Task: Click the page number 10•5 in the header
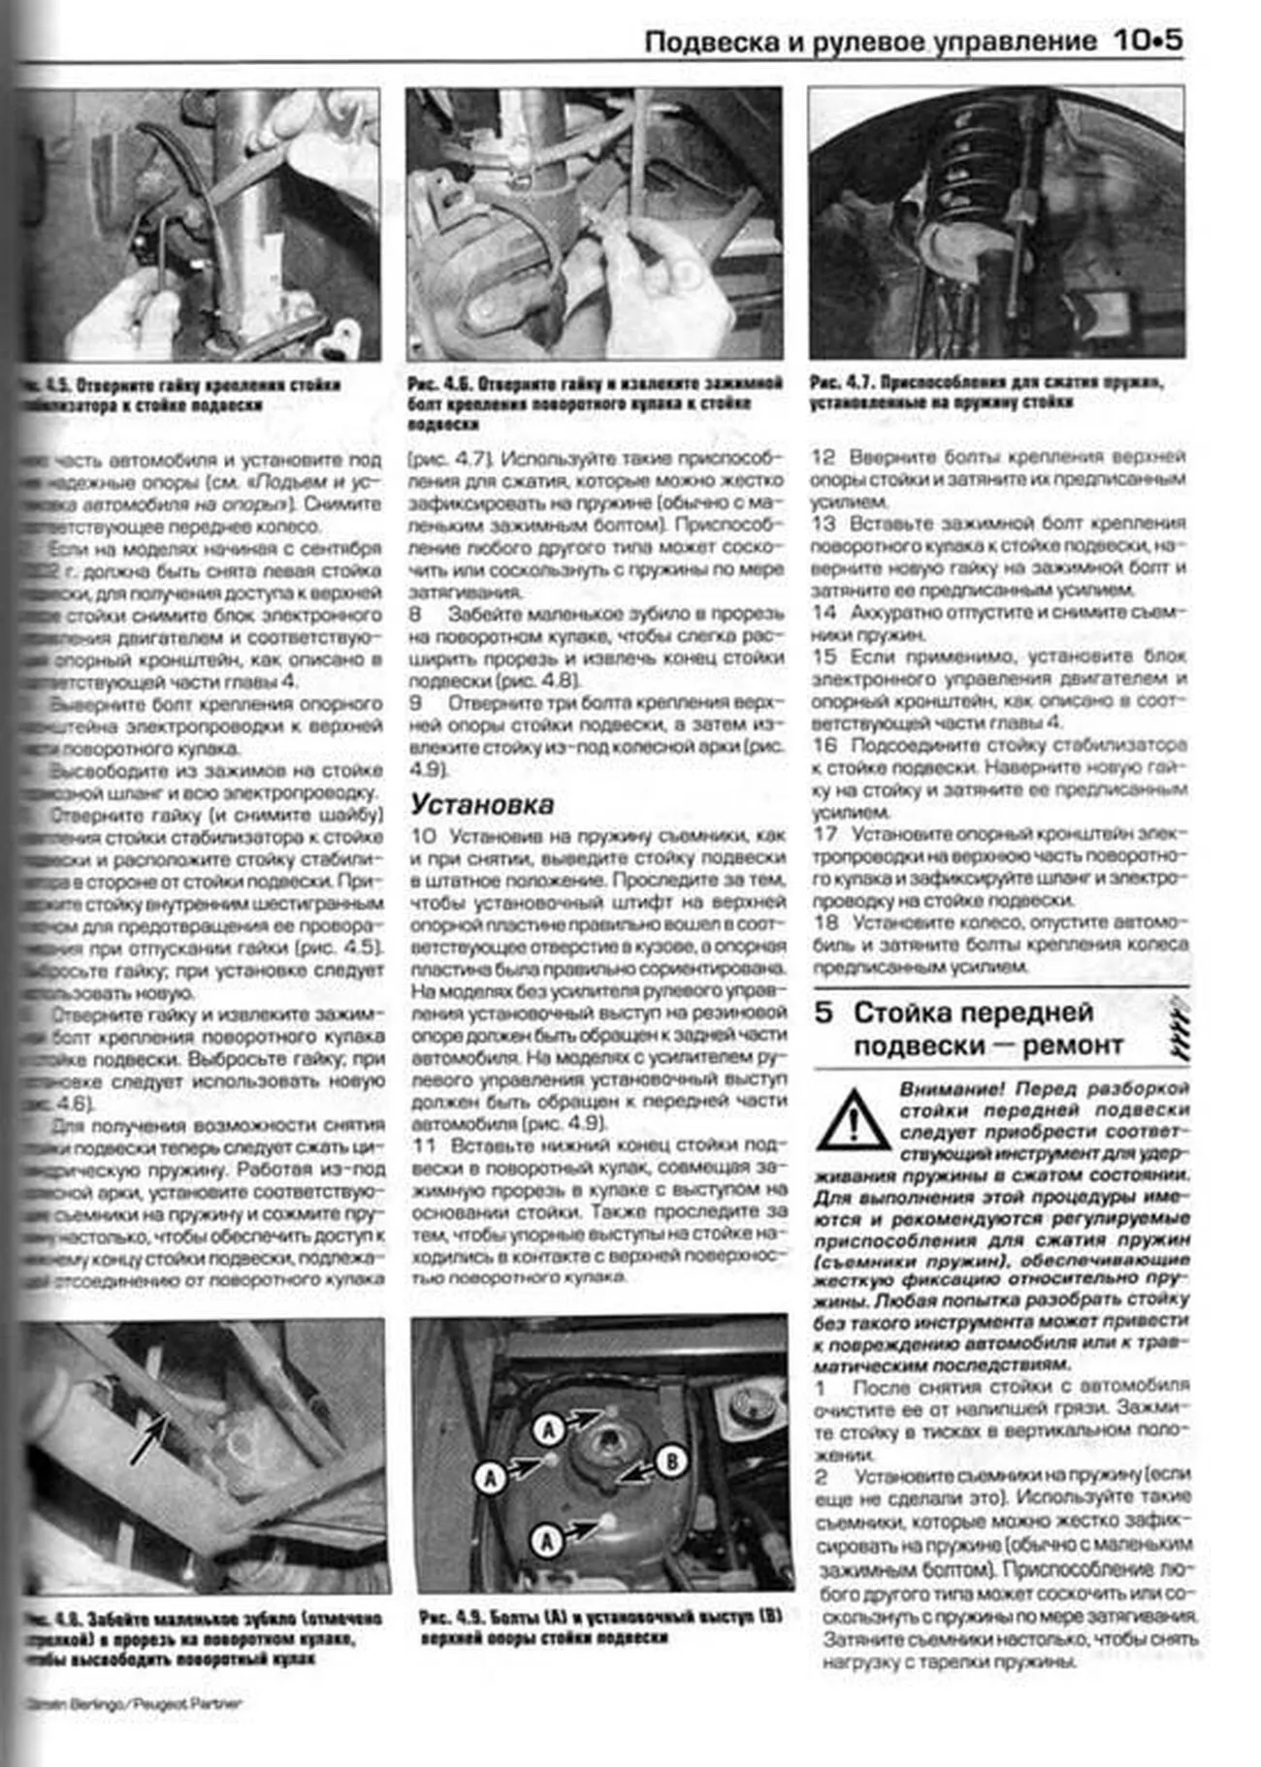pos(1148,41)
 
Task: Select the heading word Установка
pos(482,803)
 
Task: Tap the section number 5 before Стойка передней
pos(824,1012)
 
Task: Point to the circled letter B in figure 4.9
pos(670,1461)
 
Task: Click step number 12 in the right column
pos(824,457)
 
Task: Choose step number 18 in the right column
pos(825,922)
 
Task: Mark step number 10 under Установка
pos(424,835)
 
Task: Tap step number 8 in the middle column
pos(416,614)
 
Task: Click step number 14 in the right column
pos(824,612)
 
